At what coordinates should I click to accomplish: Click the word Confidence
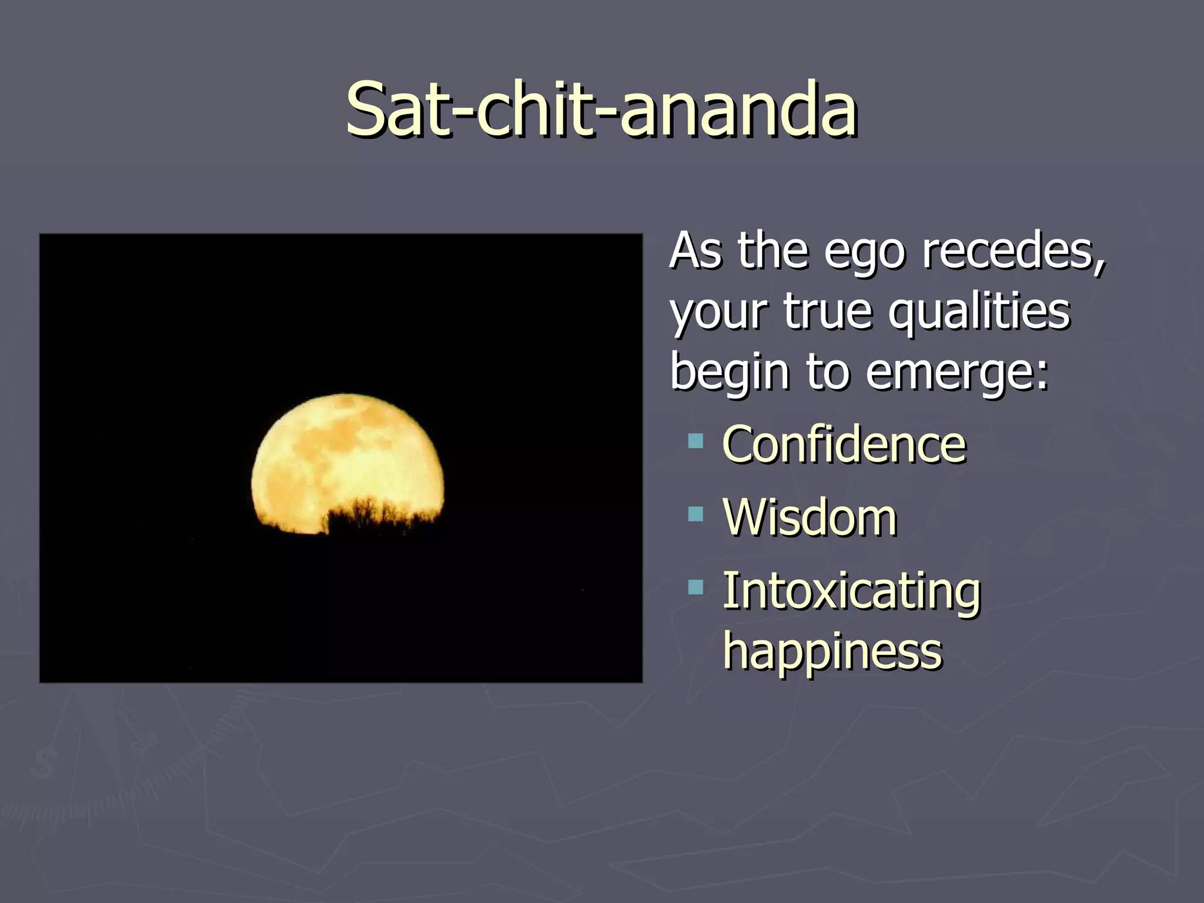coord(844,444)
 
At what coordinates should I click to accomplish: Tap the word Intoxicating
coord(851,591)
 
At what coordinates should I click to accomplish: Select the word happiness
coord(832,653)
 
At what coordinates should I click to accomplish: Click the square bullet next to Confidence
coord(695,441)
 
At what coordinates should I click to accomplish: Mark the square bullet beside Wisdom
coord(695,514)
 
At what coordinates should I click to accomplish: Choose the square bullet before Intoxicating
coord(695,587)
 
